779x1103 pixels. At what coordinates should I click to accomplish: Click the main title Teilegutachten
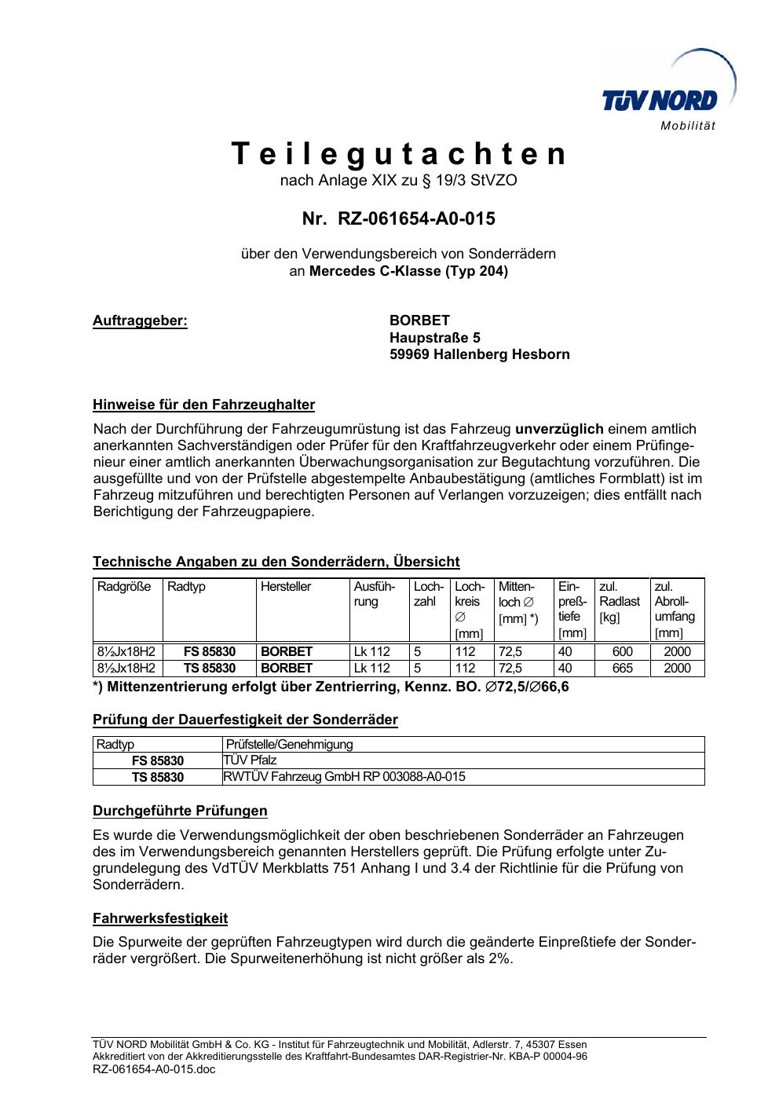(x=399, y=154)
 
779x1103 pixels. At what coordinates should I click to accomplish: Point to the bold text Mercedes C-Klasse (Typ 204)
(x=408, y=272)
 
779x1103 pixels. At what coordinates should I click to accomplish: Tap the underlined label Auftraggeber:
(x=140, y=321)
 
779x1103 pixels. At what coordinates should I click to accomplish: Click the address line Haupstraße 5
(x=435, y=338)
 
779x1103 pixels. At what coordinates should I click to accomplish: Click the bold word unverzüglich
(x=559, y=429)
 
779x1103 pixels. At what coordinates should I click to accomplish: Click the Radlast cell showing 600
(x=622, y=651)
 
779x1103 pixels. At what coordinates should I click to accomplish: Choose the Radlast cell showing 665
(x=622, y=668)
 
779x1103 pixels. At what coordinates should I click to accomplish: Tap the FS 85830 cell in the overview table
(x=209, y=651)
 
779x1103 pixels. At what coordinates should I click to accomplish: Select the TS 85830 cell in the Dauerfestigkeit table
(x=157, y=777)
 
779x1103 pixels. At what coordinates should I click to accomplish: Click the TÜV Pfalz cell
(x=251, y=760)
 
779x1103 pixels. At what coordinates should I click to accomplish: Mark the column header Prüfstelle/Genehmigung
(x=289, y=744)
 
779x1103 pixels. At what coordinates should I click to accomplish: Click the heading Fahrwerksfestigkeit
(x=160, y=918)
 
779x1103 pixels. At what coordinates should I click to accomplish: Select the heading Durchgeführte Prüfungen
(x=180, y=811)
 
